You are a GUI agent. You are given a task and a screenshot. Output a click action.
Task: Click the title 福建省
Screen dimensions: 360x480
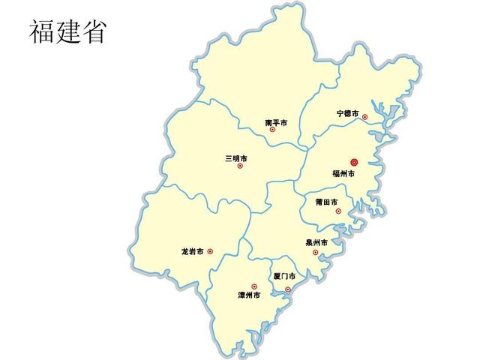pos(68,31)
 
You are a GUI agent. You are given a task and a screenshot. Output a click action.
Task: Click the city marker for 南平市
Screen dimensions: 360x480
pos(272,130)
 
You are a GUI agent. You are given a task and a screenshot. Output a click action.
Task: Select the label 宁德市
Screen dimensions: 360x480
pos(347,114)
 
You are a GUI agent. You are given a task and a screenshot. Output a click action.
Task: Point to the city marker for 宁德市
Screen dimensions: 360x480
pos(365,116)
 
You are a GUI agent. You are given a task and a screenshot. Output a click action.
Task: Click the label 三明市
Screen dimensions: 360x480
pos(235,158)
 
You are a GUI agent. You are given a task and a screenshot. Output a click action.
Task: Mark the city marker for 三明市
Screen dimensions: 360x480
pos(240,166)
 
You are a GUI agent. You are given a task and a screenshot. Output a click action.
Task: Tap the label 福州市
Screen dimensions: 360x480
pos(343,174)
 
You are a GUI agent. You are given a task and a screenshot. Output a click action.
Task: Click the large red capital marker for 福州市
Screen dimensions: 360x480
pos(354,162)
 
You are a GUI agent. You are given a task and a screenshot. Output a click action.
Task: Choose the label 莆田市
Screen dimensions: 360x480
pos(326,202)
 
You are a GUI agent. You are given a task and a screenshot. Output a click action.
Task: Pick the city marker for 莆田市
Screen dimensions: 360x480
pos(338,211)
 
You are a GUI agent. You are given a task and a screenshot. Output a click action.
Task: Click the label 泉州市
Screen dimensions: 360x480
pos(316,243)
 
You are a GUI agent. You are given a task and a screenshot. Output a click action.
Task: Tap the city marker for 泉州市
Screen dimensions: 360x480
pos(315,252)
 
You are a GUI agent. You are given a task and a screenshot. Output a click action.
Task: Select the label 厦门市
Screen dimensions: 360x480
pos(284,277)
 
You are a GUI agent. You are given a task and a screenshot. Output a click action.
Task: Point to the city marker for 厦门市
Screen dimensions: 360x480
pos(287,289)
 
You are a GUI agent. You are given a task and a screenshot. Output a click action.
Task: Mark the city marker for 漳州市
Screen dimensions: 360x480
pos(254,286)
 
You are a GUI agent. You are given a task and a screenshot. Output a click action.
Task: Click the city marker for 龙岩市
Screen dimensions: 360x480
pos(210,252)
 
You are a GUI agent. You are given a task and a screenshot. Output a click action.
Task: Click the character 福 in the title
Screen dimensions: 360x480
pos(43,31)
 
